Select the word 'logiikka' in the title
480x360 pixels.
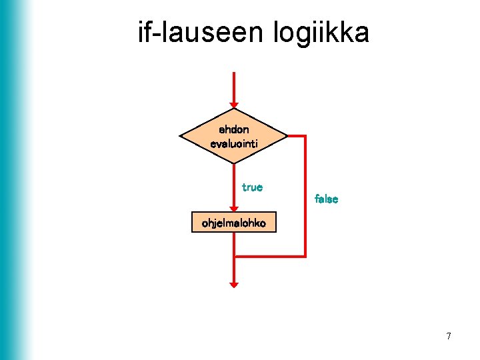(x=321, y=33)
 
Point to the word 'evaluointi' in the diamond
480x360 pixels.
(x=233, y=143)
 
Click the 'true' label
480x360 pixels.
(x=252, y=187)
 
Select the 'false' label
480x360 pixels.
(x=326, y=199)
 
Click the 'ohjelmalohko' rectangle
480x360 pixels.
(x=233, y=223)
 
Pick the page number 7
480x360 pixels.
(x=449, y=336)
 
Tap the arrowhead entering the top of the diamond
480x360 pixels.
(x=233, y=104)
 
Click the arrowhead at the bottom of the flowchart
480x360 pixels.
(x=233, y=284)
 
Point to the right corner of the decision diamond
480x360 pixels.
(x=287, y=136)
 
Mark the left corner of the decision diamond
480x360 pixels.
(x=181, y=136)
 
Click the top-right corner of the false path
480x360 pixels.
(x=305, y=136)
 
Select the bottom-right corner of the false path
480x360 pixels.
(x=305, y=256)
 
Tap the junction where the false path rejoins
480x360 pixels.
(x=234, y=256)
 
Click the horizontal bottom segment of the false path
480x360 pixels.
(x=270, y=256)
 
